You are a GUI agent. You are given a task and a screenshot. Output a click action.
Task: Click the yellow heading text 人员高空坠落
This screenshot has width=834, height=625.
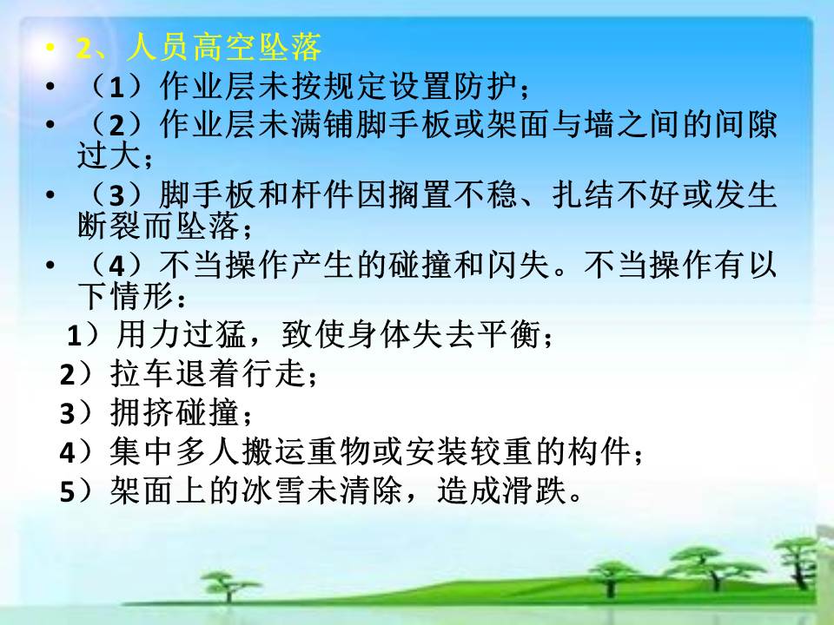pyautogui.click(x=224, y=48)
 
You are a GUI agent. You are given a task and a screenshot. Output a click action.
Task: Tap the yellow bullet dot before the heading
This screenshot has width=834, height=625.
pyautogui.click(x=50, y=48)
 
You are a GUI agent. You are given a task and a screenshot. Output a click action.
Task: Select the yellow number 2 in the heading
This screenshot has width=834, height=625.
pyautogui.click(x=84, y=49)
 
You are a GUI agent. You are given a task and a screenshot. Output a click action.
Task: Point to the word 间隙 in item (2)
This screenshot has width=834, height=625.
pyautogui.click(x=745, y=125)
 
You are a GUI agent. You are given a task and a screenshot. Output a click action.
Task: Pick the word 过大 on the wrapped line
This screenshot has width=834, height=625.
pyautogui.click(x=109, y=155)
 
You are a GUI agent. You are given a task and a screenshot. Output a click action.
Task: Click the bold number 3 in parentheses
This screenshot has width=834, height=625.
pyautogui.click(x=117, y=196)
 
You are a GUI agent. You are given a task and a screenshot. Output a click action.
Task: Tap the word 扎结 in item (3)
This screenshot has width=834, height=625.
pyautogui.click(x=584, y=194)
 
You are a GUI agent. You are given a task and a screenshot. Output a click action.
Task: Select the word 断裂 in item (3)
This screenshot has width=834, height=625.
pyautogui.click(x=109, y=226)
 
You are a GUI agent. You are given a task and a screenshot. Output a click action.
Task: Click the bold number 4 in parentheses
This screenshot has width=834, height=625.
pyautogui.click(x=117, y=266)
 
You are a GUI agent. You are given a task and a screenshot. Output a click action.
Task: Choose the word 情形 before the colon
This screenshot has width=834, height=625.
pyautogui.click(x=142, y=295)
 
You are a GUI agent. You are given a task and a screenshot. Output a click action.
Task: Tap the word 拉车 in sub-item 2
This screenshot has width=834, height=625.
pyautogui.click(x=142, y=373)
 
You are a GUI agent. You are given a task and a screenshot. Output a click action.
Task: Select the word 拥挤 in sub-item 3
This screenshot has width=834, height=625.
pyautogui.click(x=142, y=412)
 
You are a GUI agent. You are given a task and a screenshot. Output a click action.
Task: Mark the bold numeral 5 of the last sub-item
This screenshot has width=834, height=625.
pyautogui.click(x=67, y=491)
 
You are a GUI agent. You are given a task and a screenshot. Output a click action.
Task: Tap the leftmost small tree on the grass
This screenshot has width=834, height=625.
pyautogui.click(x=228, y=584)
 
